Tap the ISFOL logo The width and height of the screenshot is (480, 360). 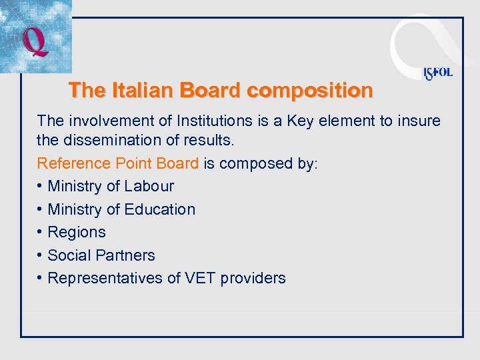tap(437, 73)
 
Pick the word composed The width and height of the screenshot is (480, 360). tap(253, 163)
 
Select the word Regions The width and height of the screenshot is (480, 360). tap(77, 232)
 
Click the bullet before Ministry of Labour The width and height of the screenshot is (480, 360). tap(41, 186)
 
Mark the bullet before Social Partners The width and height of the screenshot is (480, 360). tap(41, 255)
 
